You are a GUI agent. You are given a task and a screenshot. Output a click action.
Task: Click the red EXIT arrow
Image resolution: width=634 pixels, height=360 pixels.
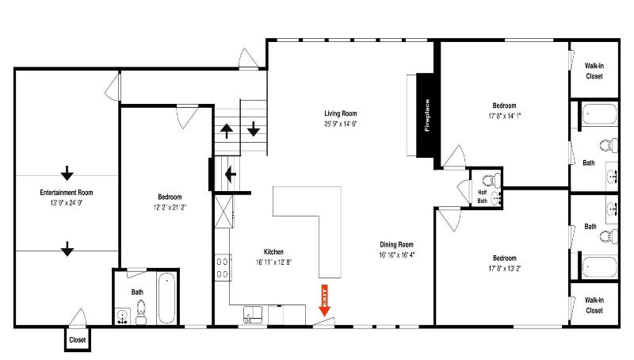click(x=325, y=301)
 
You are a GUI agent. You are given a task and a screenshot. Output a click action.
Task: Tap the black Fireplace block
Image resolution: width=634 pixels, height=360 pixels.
click(x=426, y=115)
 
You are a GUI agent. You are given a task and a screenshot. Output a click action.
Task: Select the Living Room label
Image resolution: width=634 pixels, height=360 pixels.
click(x=341, y=113)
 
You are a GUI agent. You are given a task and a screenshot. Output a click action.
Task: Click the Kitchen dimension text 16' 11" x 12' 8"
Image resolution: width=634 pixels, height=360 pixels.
click(x=273, y=262)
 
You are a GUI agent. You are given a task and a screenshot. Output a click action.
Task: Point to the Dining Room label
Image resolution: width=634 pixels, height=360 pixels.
click(x=397, y=244)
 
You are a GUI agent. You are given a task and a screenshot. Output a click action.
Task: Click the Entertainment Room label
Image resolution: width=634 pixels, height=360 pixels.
click(x=67, y=193)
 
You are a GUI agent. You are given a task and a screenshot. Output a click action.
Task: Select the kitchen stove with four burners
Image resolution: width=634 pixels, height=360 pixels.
click(x=223, y=268)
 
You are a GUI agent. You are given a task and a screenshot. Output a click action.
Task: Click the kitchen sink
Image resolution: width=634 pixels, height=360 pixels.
click(x=252, y=315)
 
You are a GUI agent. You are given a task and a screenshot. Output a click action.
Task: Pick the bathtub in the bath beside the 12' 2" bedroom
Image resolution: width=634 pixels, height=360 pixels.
click(x=166, y=298)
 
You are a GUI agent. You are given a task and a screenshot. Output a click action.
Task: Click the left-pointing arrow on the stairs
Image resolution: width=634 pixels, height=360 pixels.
click(x=231, y=174)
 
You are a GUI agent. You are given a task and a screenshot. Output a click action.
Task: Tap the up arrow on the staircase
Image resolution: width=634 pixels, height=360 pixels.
click(x=227, y=131)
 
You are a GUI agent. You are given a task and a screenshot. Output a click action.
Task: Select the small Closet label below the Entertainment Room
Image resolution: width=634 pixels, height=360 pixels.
click(x=77, y=339)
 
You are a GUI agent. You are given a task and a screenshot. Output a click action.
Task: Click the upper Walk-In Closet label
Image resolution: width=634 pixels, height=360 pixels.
click(x=594, y=71)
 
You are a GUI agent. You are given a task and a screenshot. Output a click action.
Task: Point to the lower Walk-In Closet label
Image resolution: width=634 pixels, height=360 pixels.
click(x=594, y=305)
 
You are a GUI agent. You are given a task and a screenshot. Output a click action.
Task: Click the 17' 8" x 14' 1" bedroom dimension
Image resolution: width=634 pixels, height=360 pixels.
click(x=505, y=116)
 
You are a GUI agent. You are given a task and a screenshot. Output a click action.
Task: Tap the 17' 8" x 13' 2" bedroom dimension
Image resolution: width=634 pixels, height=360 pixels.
click(x=505, y=268)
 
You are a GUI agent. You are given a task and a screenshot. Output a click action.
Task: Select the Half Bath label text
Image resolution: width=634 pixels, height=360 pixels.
click(x=483, y=197)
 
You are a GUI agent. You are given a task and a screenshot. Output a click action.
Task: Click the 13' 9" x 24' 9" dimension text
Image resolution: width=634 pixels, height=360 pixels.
click(x=67, y=203)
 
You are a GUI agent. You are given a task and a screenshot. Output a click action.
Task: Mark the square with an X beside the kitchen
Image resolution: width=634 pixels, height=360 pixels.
click(x=223, y=212)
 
